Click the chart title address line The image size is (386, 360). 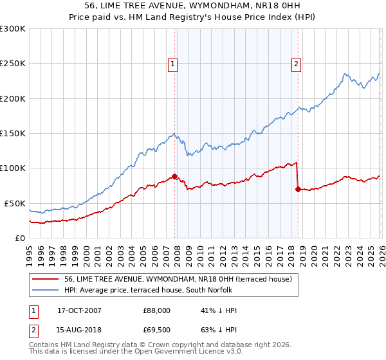point(193,6)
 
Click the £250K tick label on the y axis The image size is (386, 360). point(13,64)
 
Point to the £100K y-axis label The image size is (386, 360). point(13,168)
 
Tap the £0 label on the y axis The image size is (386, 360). point(19,238)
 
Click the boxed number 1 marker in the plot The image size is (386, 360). point(174,64)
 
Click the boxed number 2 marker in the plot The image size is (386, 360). point(297,64)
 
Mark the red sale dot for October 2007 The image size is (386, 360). point(174,177)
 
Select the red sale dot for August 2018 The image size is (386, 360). point(298,190)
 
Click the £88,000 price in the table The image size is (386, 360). point(156,310)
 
